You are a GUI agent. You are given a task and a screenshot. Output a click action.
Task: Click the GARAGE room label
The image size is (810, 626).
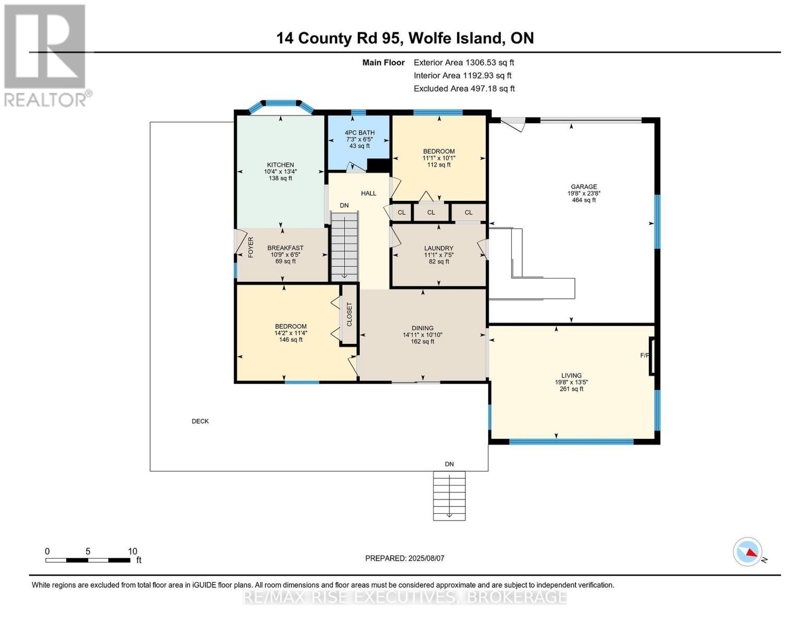click(584, 187)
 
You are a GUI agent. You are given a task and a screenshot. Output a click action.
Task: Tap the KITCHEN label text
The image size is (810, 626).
click(281, 165)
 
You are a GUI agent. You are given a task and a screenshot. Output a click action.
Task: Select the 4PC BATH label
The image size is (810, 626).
click(360, 133)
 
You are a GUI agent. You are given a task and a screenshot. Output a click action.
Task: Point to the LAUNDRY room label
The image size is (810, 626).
click(439, 248)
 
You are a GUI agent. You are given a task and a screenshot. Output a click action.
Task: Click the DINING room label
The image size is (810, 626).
click(422, 328)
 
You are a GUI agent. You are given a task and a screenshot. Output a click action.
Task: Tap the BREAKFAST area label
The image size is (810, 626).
click(285, 248)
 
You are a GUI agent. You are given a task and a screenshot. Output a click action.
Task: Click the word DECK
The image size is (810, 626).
click(200, 421)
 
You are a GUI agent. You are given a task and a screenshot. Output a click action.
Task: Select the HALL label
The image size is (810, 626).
click(369, 194)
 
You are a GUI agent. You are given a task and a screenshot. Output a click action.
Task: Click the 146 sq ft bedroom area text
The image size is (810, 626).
click(291, 340)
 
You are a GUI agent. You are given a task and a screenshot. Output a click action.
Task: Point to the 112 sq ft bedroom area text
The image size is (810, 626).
click(439, 165)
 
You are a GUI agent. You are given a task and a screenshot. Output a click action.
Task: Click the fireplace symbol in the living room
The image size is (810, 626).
click(651, 356)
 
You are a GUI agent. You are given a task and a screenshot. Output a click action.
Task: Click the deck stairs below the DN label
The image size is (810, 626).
click(449, 496)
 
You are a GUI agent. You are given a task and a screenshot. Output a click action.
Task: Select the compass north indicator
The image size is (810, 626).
click(748, 552)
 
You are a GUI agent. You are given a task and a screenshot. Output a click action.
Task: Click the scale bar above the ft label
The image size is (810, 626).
click(88, 560)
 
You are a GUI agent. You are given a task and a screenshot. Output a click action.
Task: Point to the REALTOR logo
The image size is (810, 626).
click(45, 55)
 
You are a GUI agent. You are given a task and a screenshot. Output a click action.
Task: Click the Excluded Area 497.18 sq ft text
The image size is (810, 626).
click(464, 89)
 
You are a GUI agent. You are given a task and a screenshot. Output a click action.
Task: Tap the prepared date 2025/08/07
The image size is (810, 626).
click(405, 558)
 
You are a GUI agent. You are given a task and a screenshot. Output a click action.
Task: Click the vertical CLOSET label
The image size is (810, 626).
click(349, 314)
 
